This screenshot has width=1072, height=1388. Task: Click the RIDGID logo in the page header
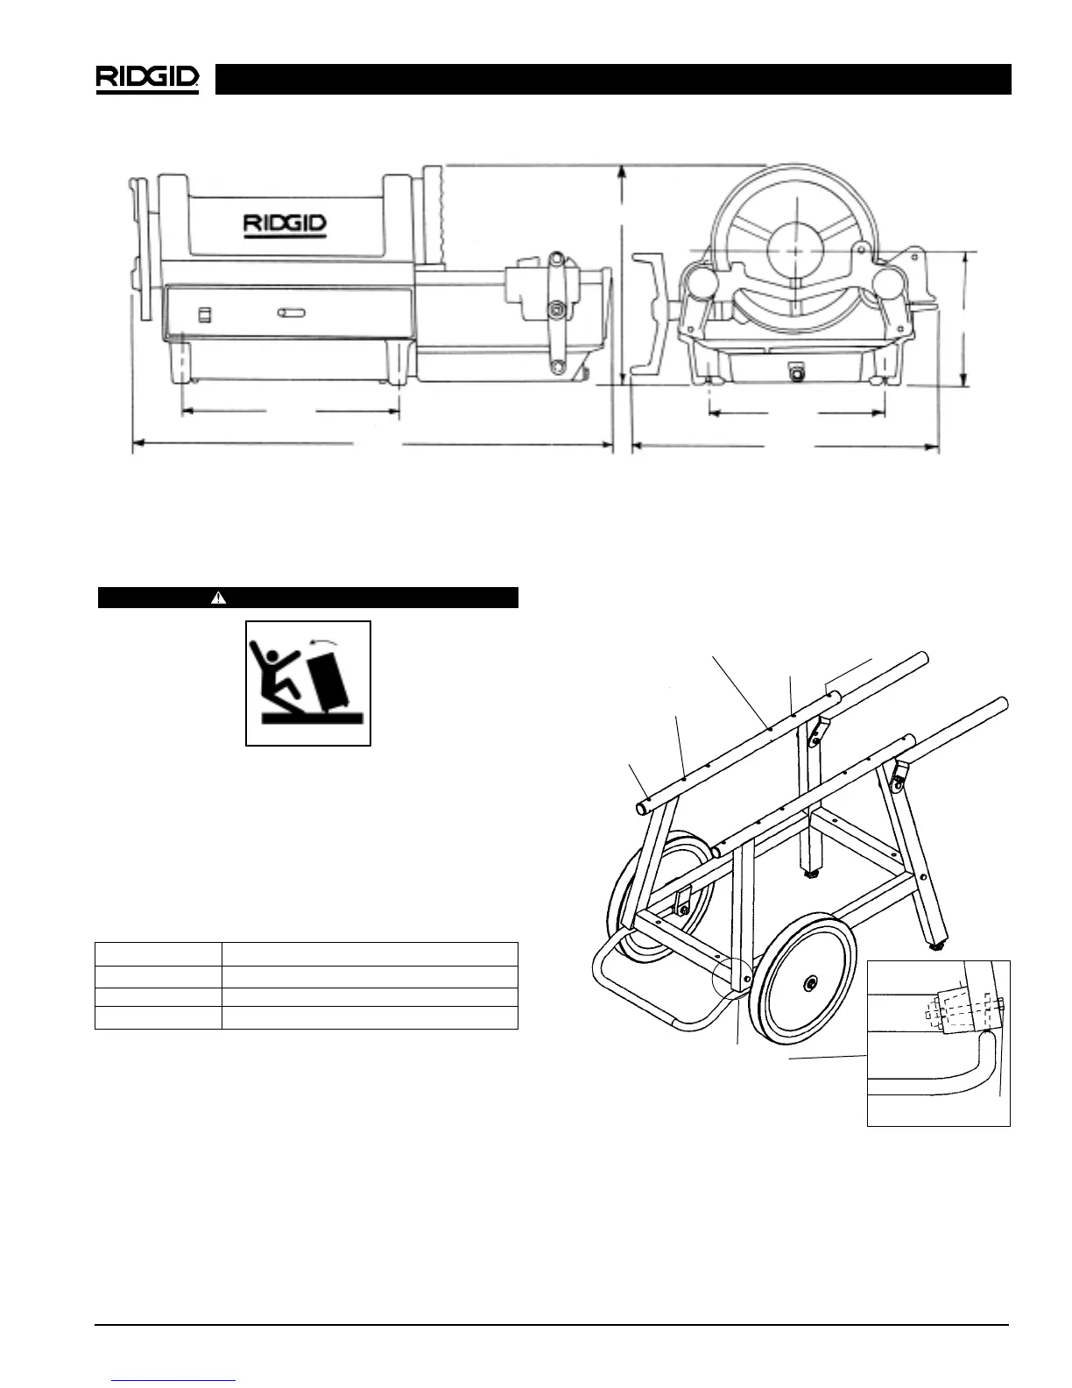(x=147, y=78)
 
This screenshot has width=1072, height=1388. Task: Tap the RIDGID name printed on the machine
(x=285, y=223)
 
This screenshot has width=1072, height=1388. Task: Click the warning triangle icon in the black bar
(x=219, y=598)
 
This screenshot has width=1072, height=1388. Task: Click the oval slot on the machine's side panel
(x=292, y=313)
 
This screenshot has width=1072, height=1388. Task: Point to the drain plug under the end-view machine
(x=796, y=372)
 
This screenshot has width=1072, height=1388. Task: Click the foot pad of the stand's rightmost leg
(x=939, y=945)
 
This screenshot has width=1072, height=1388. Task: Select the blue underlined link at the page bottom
(x=173, y=1379)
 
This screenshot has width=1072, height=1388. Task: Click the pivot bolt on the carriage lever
(x=554, y=308)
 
